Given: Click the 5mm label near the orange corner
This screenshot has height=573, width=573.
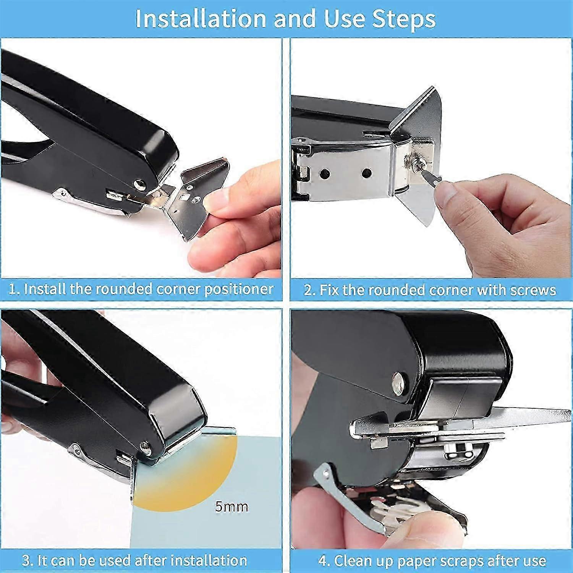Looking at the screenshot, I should pyautogui.click(x=231, y=507).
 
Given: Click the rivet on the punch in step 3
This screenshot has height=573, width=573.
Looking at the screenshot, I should pyautogui.click(x=145, y=445).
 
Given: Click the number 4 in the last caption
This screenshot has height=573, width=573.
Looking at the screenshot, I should pyautogui.click(x=322, y=561).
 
